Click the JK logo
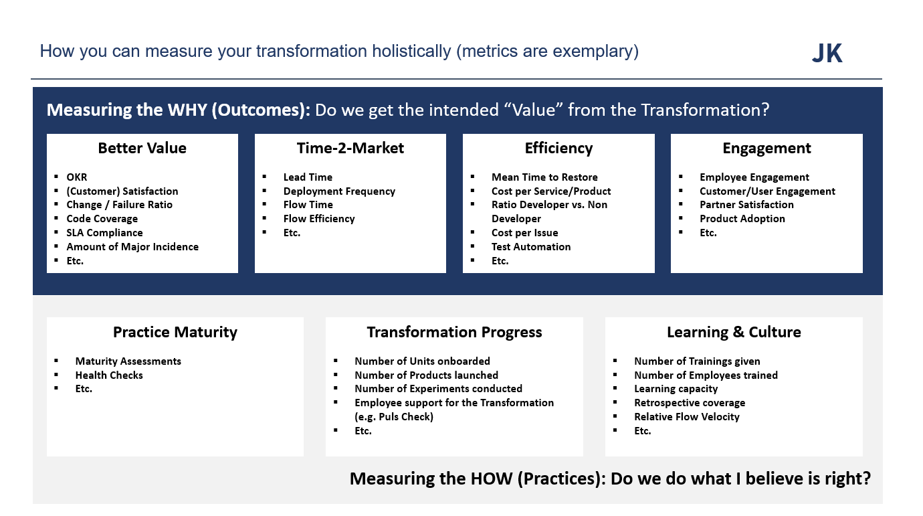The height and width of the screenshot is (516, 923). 827,54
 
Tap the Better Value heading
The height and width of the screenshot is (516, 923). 142,148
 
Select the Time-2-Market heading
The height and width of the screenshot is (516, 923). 350,148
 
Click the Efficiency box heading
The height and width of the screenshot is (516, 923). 558,149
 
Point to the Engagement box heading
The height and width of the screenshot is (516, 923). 766,149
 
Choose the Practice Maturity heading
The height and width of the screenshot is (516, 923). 175,333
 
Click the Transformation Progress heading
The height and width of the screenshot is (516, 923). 454,333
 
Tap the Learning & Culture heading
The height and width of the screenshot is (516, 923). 734,333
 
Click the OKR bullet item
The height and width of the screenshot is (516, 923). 77,177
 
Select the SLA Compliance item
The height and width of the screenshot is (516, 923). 104,233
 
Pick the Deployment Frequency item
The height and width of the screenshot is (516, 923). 339,191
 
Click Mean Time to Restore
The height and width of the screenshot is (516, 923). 544,177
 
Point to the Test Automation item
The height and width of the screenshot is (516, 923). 531,247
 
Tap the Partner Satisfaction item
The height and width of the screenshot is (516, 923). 746,205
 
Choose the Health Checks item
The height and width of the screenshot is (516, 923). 109,375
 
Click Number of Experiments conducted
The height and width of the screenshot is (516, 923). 438,389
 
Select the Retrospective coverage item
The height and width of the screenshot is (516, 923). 690,403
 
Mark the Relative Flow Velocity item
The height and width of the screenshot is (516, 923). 686,417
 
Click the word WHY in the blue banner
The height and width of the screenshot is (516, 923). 187,110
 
